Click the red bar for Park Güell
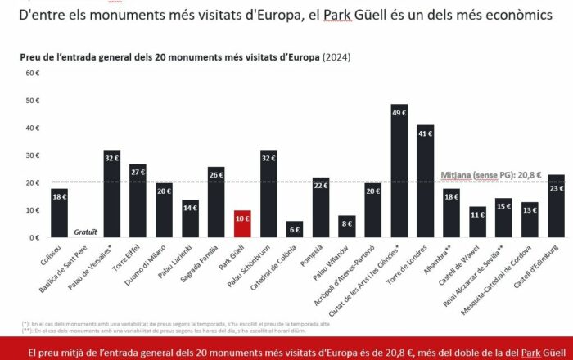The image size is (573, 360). point(242,224)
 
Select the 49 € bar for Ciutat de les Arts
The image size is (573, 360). point(399,172)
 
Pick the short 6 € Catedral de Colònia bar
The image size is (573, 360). point(295,230)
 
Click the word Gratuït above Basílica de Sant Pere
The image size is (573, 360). point(86,232)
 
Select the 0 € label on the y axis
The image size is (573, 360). point(34,237)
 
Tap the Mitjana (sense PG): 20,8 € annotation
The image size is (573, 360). point(491,175)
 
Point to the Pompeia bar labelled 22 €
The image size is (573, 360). point(321,208)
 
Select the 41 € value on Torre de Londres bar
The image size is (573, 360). point(425,133)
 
